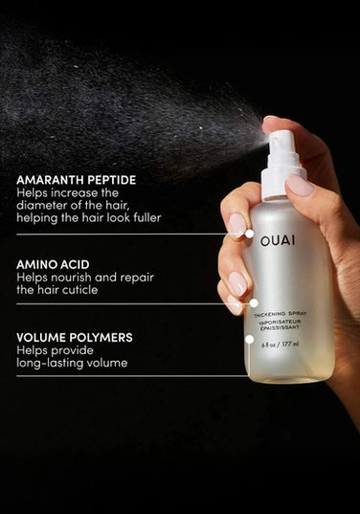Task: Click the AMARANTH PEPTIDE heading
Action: point(76,179)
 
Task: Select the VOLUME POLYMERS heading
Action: point(74,337)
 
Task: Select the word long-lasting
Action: point(50,363)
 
